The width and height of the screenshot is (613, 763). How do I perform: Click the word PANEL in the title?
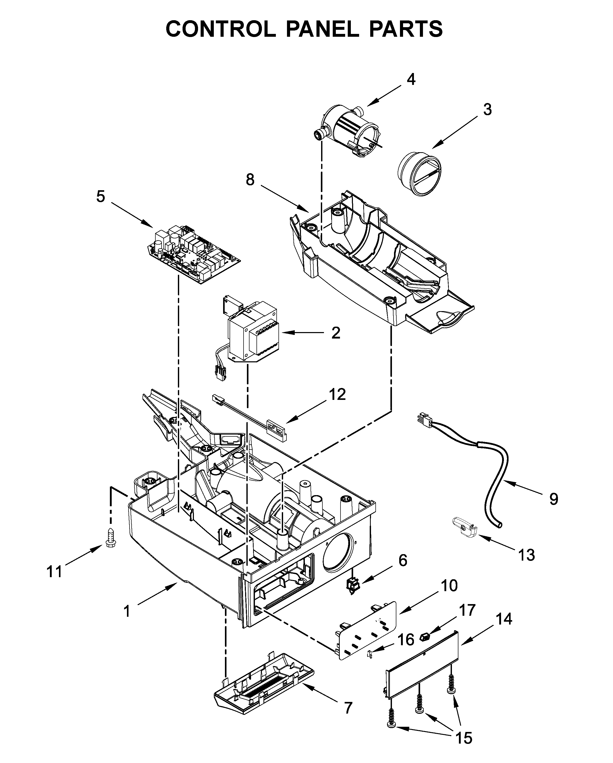pyautogui.click(x=322, y=29)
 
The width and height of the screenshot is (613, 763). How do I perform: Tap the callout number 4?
pyautogui.click(x=411, y=80)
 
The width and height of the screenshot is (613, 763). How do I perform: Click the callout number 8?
pyautogui.click(x=250, y=180)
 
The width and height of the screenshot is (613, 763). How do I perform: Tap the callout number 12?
pyautogui.click(x=337, y=394)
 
